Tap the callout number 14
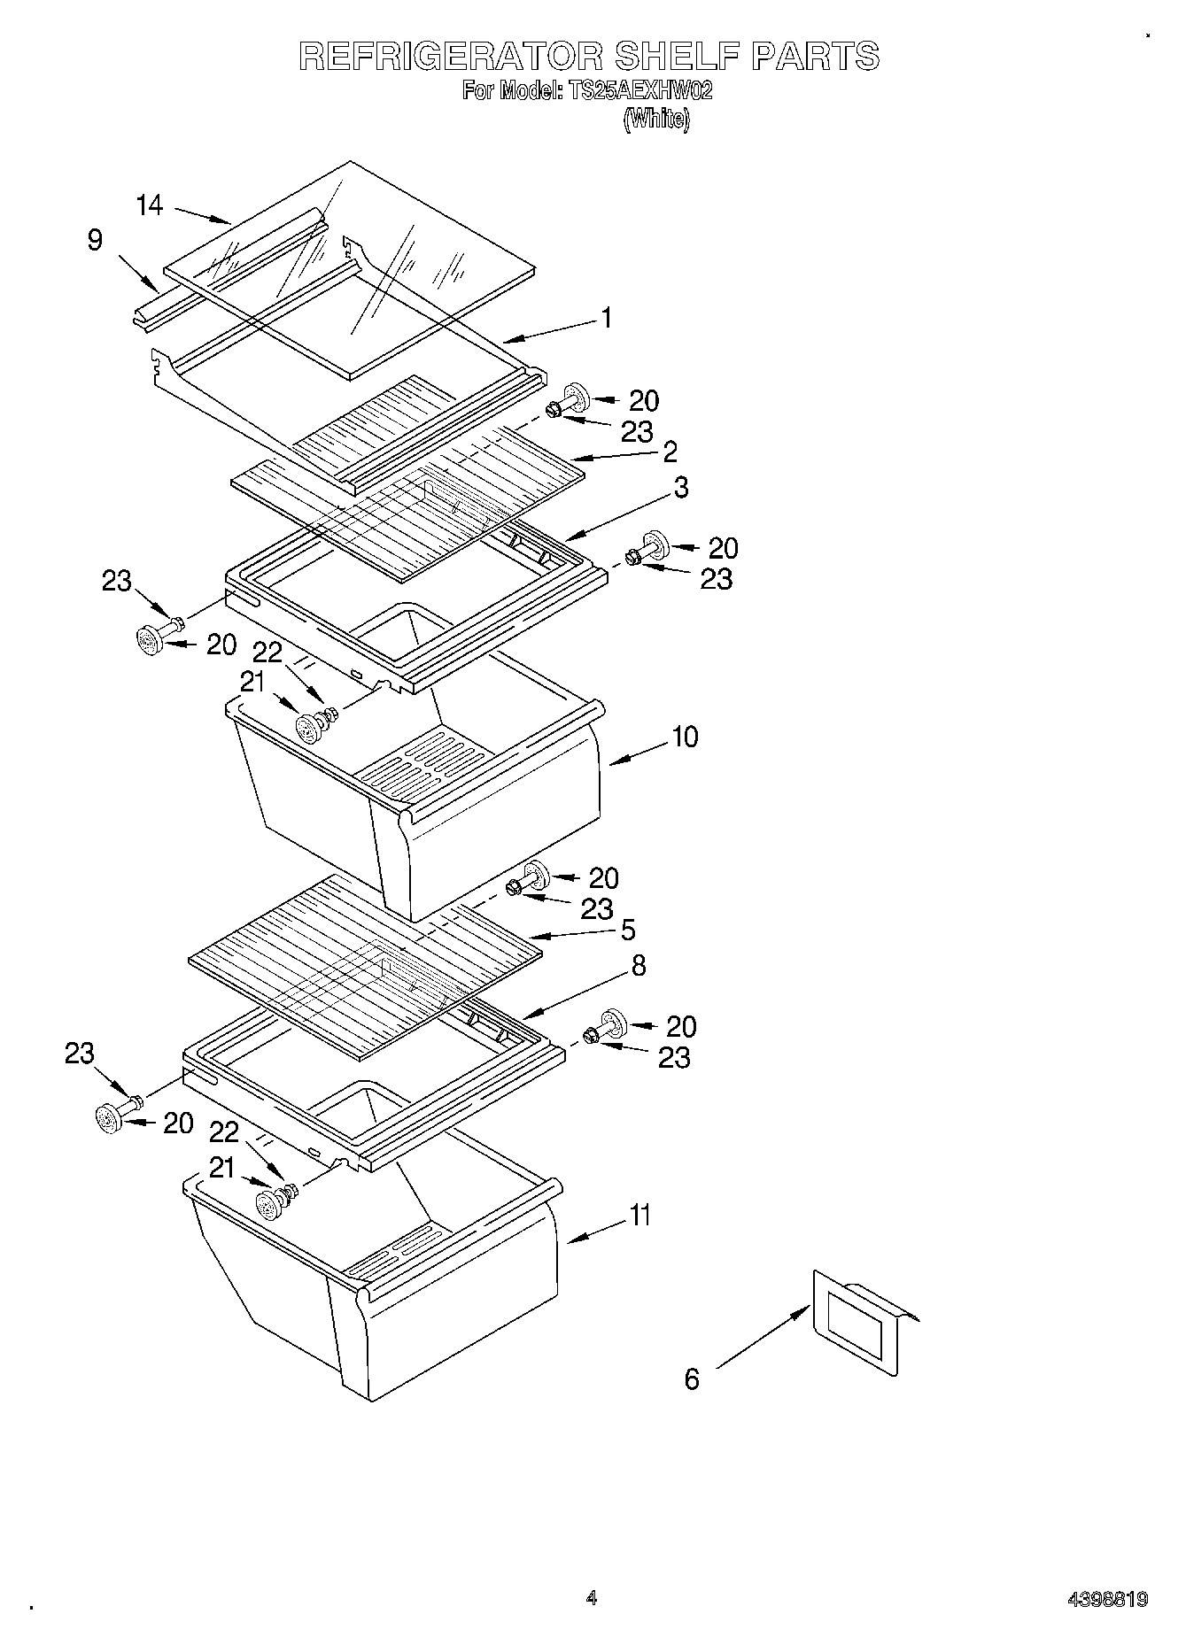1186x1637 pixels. coord(150,205)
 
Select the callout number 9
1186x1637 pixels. coord(96,240)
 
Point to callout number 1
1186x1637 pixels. coord(607,318)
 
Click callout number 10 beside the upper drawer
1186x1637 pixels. coord(686,737)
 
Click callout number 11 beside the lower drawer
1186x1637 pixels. coord(640,1215)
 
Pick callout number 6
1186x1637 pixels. coord(692,1378)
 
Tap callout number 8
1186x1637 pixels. coord(638,965)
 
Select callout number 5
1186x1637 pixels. coord(628,930)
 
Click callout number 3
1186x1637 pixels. coord(680,488)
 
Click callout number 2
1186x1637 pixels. coord(670,452)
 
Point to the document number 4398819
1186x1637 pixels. coord(1107,1599)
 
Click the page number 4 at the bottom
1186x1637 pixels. coord(592,1598)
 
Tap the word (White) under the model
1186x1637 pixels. coord(656,120)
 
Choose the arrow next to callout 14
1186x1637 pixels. coord(203,215)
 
